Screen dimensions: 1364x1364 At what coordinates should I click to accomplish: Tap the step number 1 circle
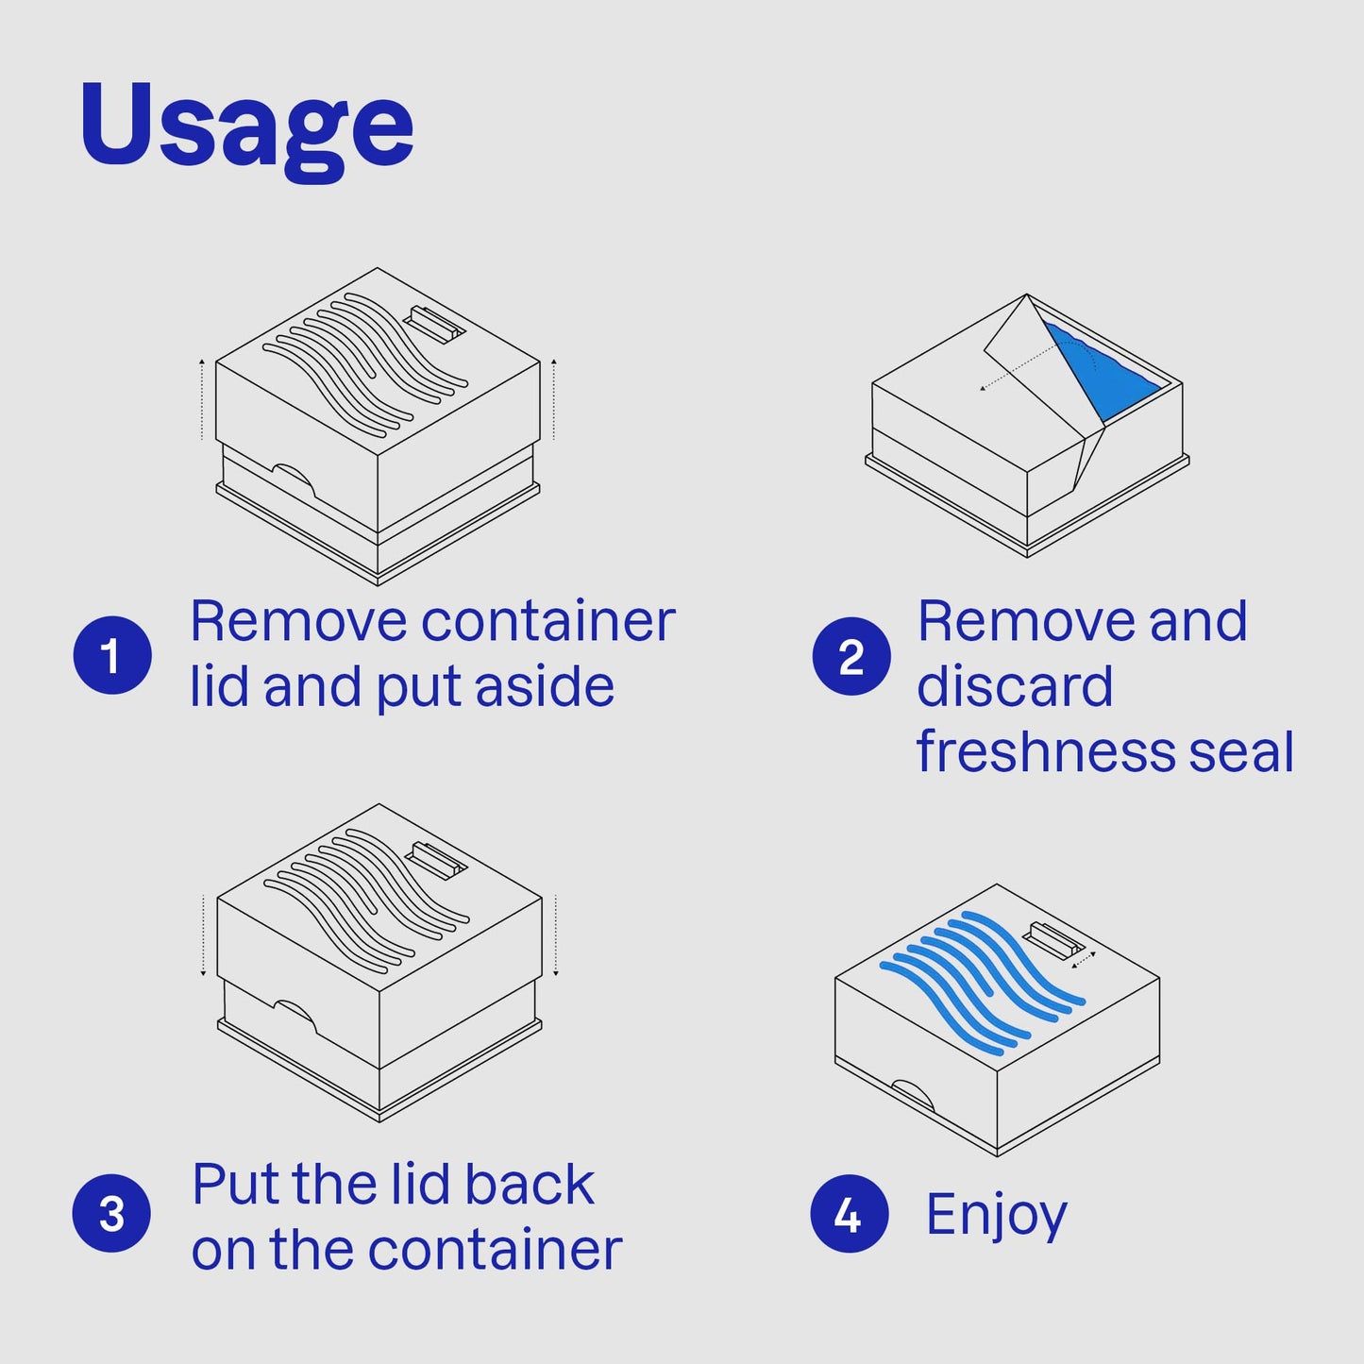click(x=112, y=655)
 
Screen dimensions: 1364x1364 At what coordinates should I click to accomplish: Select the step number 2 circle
click(x=851, y=656)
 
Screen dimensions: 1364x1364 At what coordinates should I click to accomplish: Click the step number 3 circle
click(x=111, y=1213)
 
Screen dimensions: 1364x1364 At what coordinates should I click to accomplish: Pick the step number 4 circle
click(x=850, y=1213)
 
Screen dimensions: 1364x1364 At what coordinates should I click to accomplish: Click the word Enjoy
click(x=996, y=1216)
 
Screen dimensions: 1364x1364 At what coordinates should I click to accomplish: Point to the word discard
click(x=1015, y=686)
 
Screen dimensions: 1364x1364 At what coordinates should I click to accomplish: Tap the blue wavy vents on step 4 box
click(x=983, y=979)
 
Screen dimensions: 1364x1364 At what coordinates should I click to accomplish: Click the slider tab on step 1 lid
click(x=434, y=324)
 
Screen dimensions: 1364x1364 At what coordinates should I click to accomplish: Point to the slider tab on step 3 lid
click(x=435, y=861)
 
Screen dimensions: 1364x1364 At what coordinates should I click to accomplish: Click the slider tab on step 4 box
click(x=1053, y=941)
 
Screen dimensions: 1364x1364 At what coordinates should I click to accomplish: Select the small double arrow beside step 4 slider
click(x=1084, y=960)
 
